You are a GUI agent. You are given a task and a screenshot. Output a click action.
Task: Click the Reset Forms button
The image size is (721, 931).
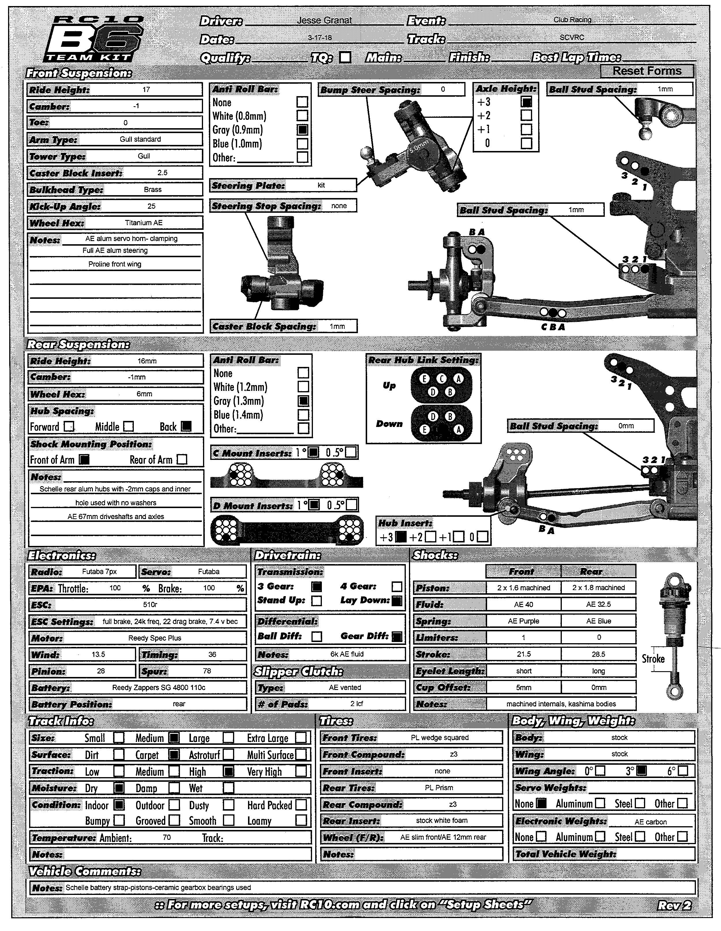(647, 71)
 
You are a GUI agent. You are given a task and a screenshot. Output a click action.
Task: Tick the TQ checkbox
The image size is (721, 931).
(345, 57)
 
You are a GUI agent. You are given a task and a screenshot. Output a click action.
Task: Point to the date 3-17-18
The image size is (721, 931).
(320, 38)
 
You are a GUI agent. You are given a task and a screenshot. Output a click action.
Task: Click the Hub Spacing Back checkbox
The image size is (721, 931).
(186, 426)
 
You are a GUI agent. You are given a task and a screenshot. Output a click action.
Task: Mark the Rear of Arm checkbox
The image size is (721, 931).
(182, 460)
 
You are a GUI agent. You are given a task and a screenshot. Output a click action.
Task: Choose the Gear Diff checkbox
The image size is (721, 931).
(397, 637)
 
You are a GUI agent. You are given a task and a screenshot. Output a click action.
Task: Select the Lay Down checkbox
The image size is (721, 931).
(397, 601)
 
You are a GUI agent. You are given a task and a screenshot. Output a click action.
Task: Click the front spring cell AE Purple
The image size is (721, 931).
(523, 621)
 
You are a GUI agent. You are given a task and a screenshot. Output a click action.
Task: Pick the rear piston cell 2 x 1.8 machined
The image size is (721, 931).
(598, 588)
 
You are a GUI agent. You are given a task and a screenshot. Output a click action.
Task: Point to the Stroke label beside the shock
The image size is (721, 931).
(653, 658)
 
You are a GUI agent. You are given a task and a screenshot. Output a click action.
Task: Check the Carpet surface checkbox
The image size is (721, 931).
(174, 755)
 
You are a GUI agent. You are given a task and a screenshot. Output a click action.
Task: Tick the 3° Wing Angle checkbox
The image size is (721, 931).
(641, 771)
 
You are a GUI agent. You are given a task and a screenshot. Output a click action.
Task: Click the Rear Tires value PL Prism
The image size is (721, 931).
(439, 788)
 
